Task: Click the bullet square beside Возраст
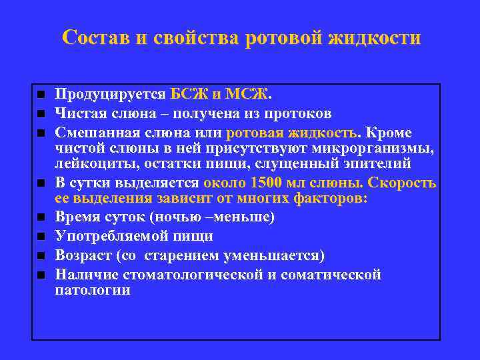pyautogui.click(x=41, y=255)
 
